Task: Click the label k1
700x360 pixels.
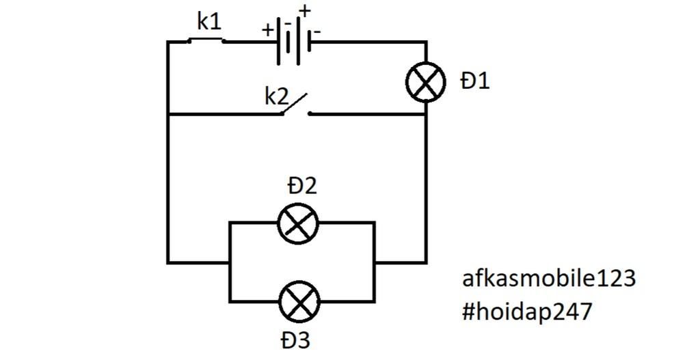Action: [x=209, y=23]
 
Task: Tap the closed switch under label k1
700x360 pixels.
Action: [x=206, y=41]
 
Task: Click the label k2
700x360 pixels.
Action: [x=277, y=97]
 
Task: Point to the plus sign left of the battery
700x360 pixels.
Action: [x=267, y=30]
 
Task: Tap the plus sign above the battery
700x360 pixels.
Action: [x=304, y=11]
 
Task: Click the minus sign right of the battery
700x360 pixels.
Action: [x=318, y=31]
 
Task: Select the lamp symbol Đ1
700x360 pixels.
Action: [x=426, y=82]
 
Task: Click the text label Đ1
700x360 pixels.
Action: [x=475, y=82]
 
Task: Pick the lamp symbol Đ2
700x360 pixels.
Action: [x=299, y=223]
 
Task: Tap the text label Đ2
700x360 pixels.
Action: [x=302, y=186]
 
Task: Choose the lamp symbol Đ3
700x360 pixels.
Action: [x=299, y=301]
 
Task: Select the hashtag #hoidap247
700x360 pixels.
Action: [x=527, y=311]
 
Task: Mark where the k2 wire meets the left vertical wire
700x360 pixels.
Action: [x=168, y=114]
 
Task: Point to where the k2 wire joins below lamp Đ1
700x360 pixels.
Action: [x=426, y=114]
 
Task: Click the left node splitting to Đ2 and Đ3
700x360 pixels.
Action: [x=230, y=262]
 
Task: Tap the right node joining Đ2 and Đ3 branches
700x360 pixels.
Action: [x=375, y=262]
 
